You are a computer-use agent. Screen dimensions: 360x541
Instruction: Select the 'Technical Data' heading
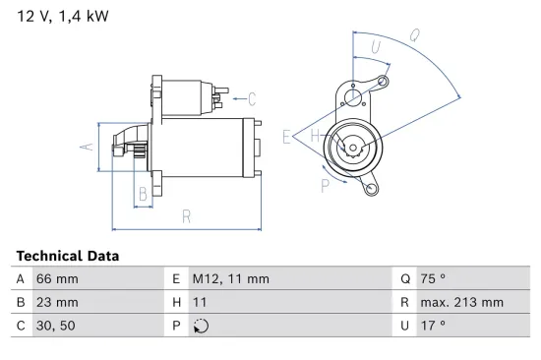pos(68,256)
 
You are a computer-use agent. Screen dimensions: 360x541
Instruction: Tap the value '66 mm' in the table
pos(56,279)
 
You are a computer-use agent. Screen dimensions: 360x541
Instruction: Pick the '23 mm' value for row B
pos(56,302)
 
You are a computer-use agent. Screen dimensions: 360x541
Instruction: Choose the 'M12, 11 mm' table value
pos(230,279)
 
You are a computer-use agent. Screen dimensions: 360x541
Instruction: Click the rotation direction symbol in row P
pos(203,326)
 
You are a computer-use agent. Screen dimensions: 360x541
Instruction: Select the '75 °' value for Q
pos(433,279)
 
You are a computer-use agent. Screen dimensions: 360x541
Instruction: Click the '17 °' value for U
pos(433,325)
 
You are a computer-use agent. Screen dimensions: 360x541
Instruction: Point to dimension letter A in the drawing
pos(86,147)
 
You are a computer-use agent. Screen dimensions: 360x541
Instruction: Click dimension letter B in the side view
pos(143,195)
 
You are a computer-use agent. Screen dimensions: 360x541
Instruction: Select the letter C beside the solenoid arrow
pos(252,97)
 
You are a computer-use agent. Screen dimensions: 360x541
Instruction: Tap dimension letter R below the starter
pos(185,216)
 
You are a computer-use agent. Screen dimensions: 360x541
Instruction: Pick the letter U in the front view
pos(376,46)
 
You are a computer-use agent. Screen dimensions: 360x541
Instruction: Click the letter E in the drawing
pos(286,138)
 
